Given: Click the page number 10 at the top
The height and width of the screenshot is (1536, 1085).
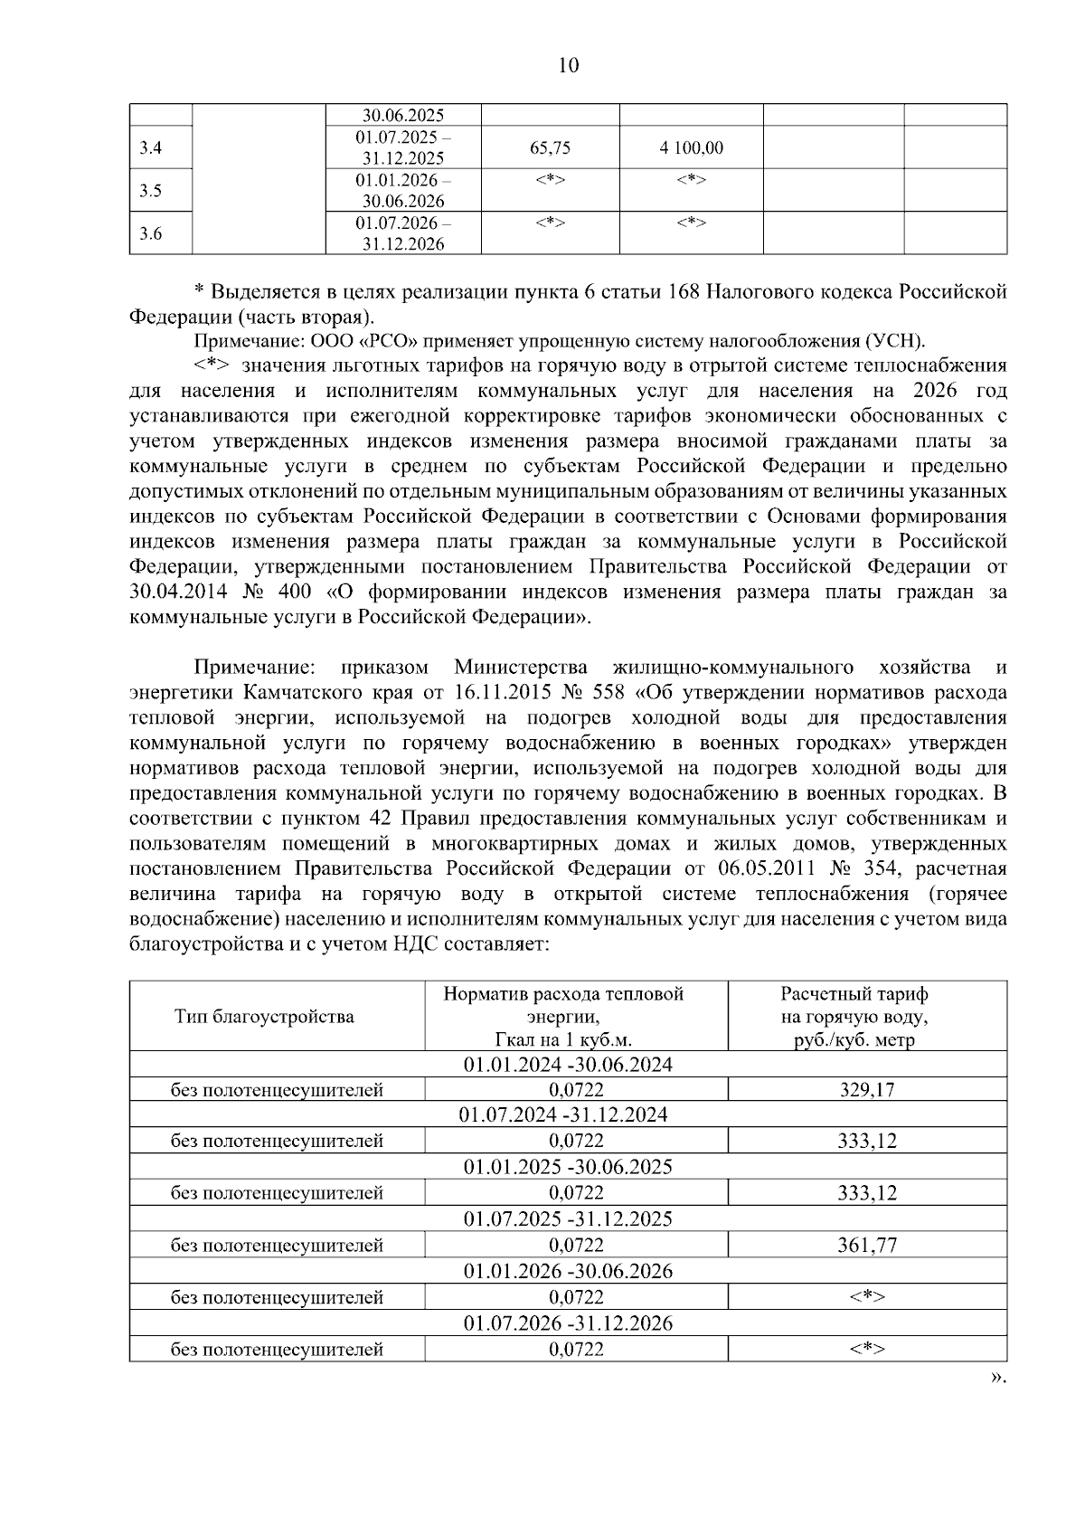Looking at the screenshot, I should coord(568,65).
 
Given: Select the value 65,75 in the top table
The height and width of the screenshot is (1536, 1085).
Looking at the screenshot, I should coord(550,148).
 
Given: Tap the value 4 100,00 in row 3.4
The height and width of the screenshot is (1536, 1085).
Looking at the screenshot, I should coord(691,148).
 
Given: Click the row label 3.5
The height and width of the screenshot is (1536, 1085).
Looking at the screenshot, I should coord(151,191).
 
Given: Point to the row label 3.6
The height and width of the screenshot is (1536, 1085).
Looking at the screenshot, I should coord(151,234).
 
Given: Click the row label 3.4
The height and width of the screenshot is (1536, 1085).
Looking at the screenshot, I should coord(151,148).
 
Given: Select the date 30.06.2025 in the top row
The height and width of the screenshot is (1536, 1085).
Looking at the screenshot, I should coord(403,116).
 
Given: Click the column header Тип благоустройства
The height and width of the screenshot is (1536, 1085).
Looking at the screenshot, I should coord(264,1017).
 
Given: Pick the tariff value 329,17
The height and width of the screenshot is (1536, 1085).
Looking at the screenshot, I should coord(866,1090).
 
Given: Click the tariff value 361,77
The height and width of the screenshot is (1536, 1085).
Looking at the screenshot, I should coord(866,1246).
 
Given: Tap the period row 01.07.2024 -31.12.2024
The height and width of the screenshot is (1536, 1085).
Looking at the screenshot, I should coord(568,1115).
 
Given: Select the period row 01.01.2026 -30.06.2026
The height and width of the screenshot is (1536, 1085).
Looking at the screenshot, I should coord(568,1272).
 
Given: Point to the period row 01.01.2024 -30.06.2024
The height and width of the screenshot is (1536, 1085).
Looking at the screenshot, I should coord(568,1064).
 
